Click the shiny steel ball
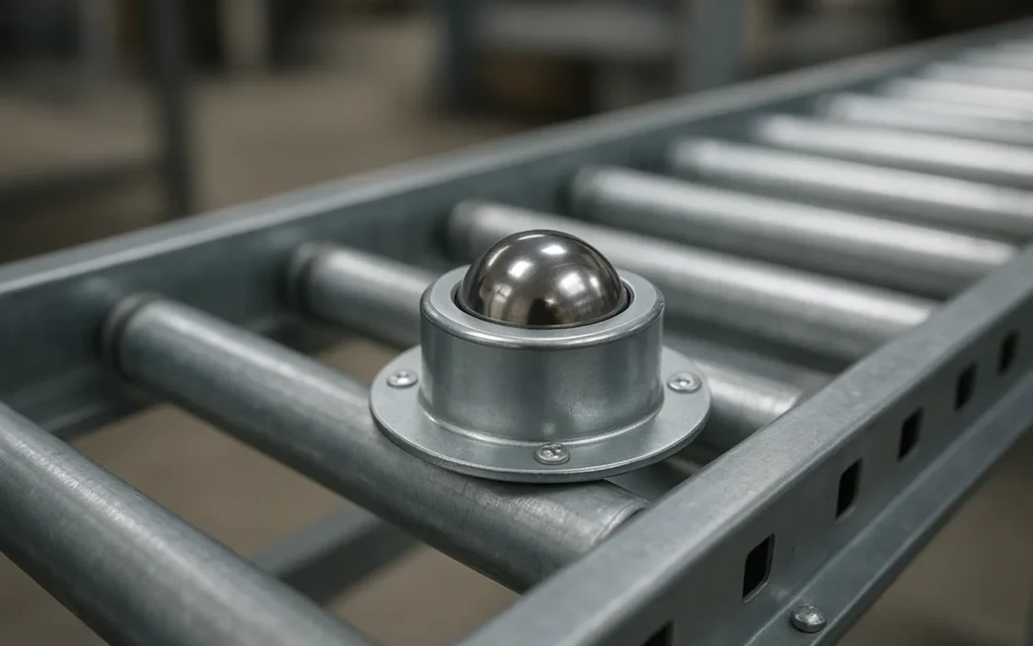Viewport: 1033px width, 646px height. point(541,279)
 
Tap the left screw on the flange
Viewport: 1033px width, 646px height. point(402,379)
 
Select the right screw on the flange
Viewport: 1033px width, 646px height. point(684,383)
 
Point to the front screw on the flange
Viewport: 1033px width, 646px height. point(552,454)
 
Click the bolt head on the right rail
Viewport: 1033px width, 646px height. point(808,617)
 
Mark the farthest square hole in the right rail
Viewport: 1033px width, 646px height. point(1007,352)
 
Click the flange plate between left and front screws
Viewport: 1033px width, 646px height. point(450,431)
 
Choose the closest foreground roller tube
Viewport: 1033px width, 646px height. point(143,536)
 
